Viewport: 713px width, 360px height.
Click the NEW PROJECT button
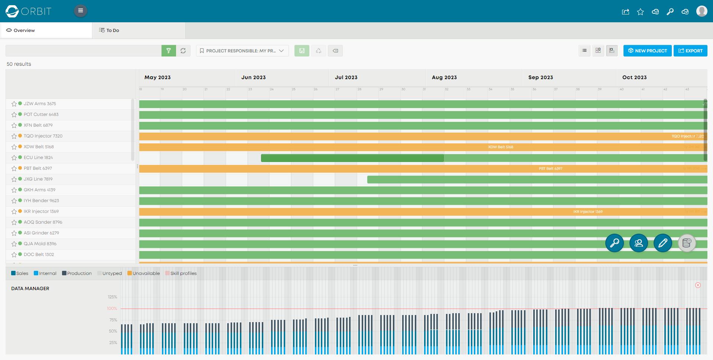tap(647, 51)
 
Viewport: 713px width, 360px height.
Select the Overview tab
tap(24, 30)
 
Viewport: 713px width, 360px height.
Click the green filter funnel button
tap(169, 51)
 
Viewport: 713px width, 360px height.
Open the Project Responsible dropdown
tap(242, 51)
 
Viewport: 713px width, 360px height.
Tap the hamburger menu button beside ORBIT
tap(81, 11)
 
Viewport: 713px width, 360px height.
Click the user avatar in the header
tap(701, 11)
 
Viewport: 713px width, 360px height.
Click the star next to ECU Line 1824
tap(14, 158)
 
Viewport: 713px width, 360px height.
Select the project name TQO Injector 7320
tap(43, 136)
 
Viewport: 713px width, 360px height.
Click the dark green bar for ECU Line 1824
tap(352, 158)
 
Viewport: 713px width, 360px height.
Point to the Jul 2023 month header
tap(346, 77)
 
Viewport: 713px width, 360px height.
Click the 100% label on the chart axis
tap(112, 308)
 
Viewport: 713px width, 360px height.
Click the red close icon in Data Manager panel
tap(698, 285)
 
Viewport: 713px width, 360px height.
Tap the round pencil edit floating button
tap(663, 243)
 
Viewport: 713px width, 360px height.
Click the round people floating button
tap(639, 243)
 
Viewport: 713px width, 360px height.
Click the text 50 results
tap(19, 64)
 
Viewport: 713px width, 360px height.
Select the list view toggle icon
tap(585, 51)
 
